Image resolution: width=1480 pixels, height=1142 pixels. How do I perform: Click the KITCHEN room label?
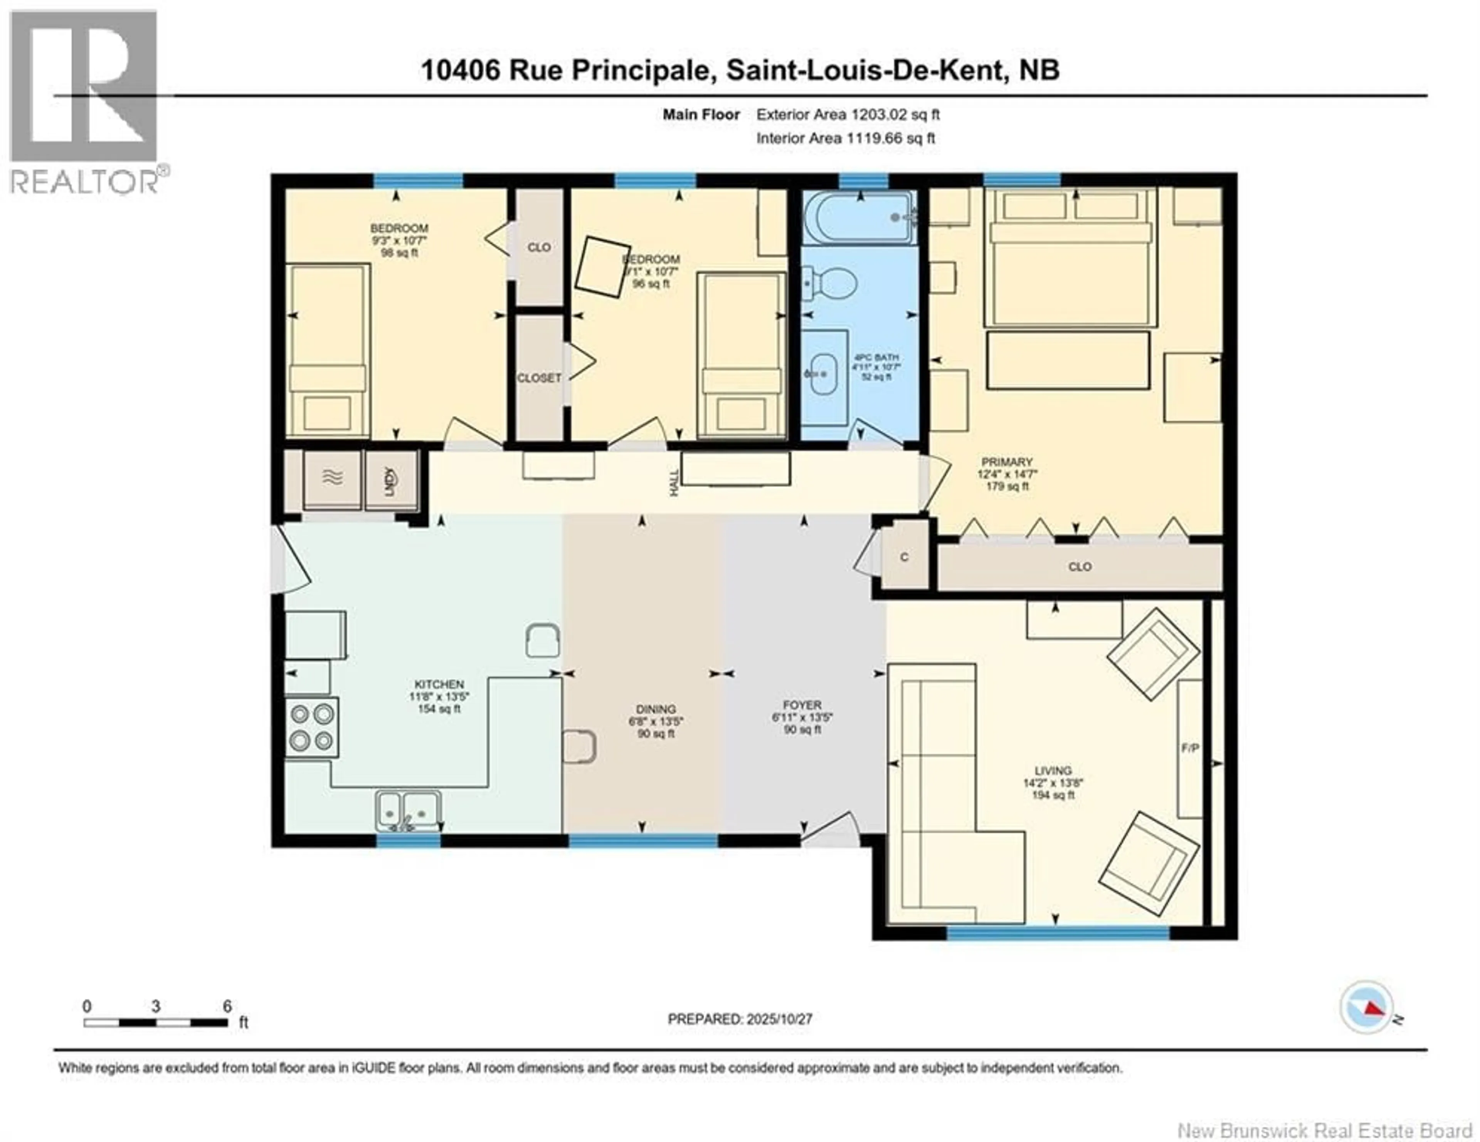point(439,685)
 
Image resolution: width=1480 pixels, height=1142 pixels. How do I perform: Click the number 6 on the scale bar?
point(228,1006)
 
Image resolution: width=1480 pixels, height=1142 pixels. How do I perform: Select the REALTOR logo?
point(85,102)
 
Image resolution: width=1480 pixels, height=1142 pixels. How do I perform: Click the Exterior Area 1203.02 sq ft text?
point(848,114)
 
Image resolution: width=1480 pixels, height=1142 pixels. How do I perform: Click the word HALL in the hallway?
point(674,482)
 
